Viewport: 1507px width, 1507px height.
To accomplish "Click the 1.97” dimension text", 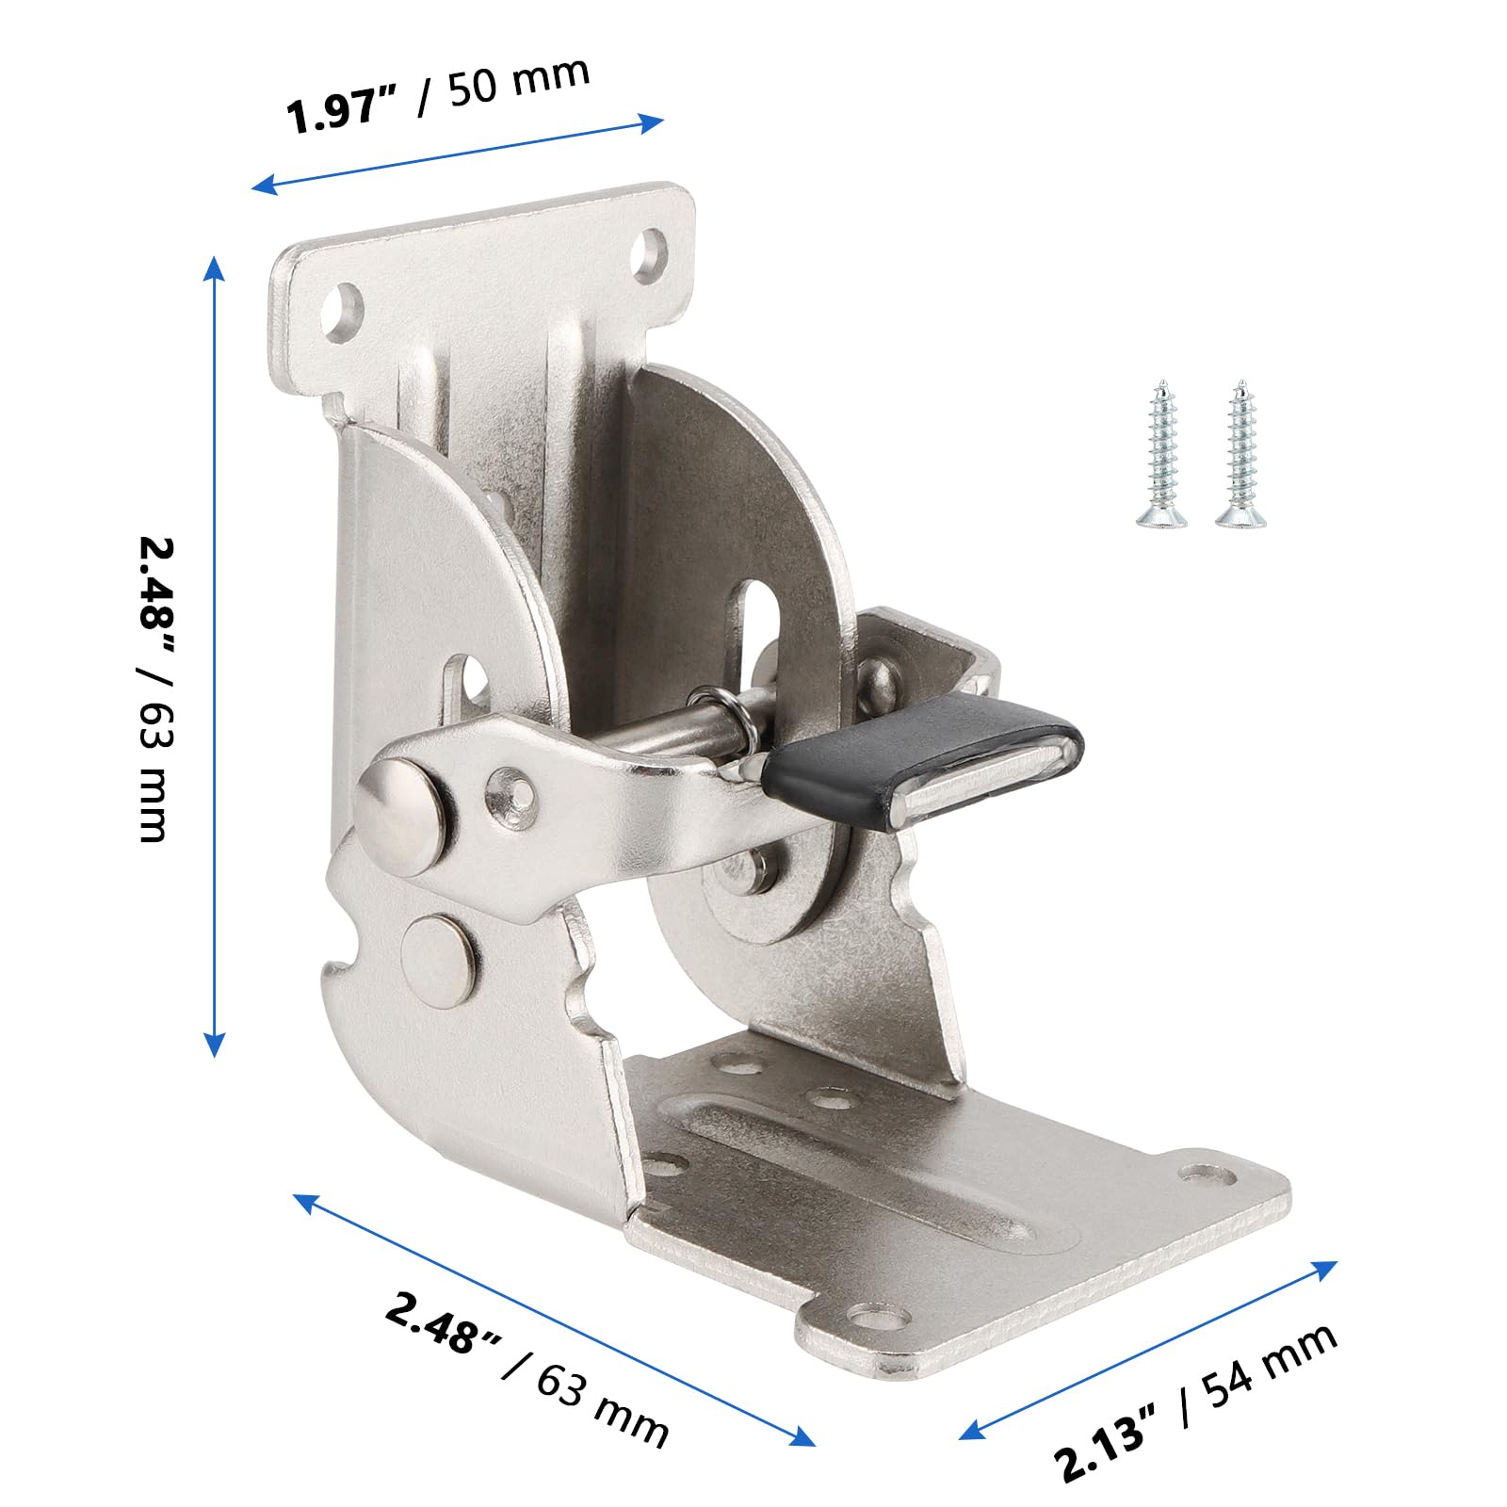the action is [345, 109].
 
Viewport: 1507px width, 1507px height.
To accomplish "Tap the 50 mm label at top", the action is [518, 79].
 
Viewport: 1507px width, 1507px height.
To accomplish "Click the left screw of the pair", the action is [1160, 452].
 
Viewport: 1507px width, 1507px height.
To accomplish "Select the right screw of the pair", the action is [1240, 452].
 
